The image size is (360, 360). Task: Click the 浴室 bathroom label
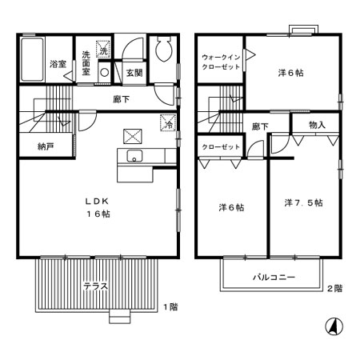click(58, 63)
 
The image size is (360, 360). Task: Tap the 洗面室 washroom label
click(86, 63)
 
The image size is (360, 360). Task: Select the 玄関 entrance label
click(133, 73)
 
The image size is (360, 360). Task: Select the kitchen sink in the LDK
click(133, 155)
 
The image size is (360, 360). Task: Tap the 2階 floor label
click(334, 288)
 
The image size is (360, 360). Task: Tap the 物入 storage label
click(318, 126)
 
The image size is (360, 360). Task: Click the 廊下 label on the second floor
click(259, 126)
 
